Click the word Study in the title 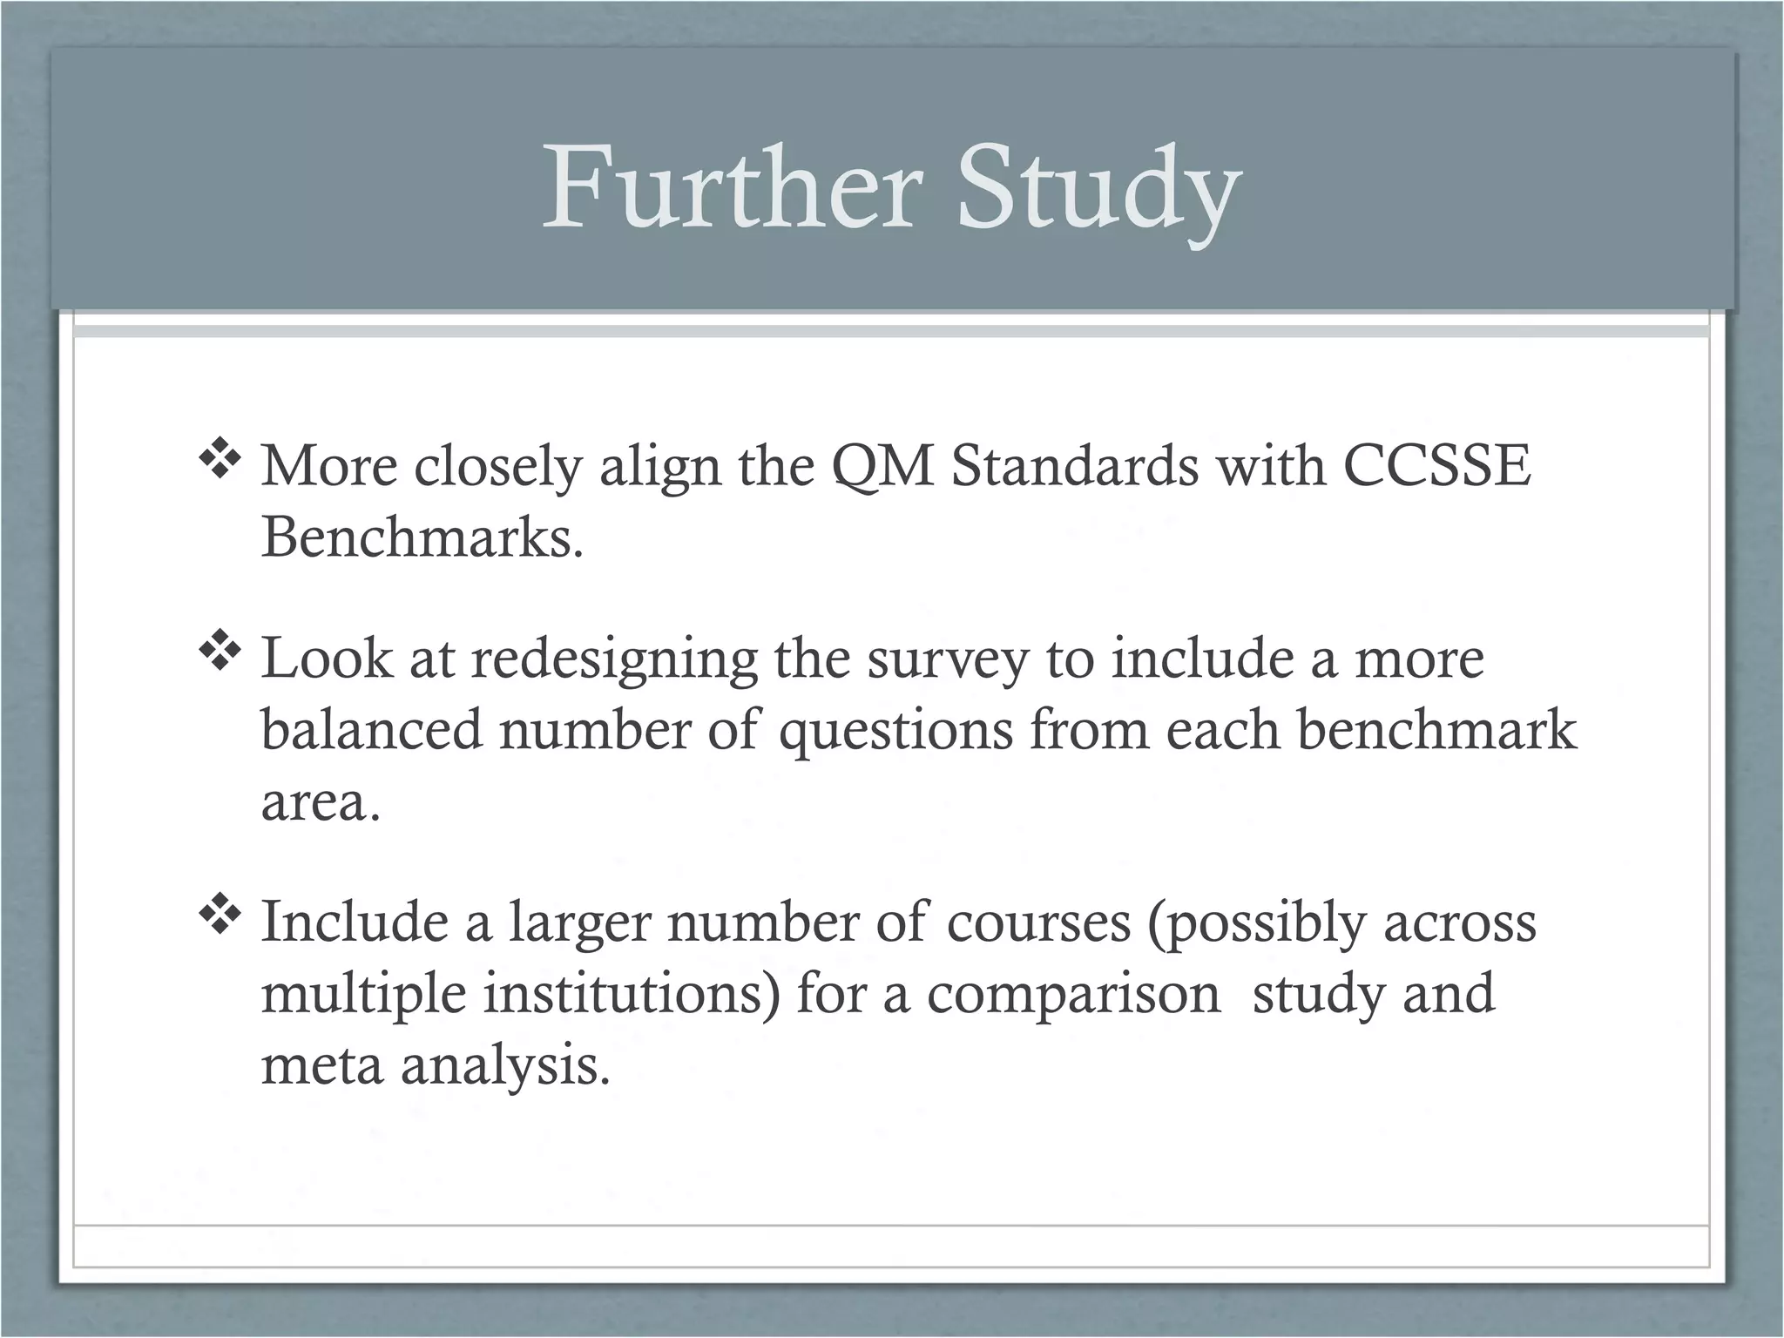tap(1098, 189)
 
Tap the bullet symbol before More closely tap(219, 461)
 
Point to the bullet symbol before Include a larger tap(219, 916)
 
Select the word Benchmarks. tap(422, 537)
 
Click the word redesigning tap(614, 659)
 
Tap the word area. tap(320, 803)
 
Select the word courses tap(1037, 922)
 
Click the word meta tap(321, 1066)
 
